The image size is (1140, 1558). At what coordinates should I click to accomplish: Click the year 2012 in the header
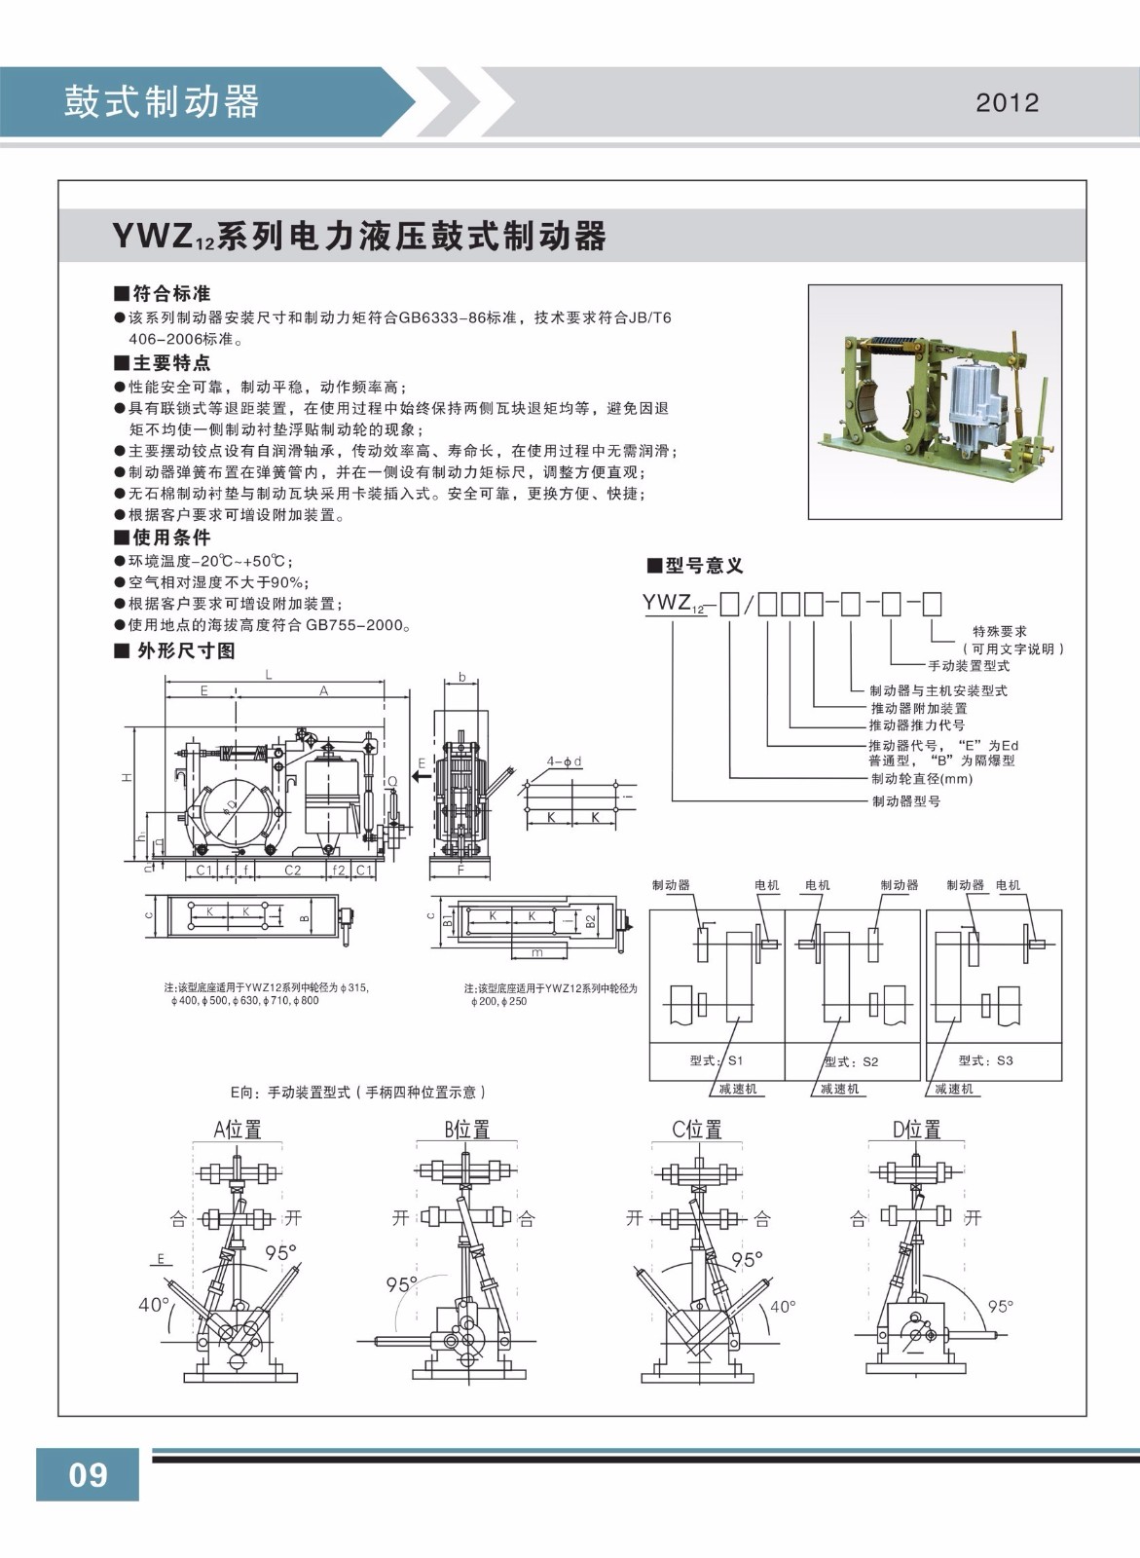tap(1007, 103)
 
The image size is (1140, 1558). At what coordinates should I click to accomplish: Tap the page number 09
tap(88, 1474)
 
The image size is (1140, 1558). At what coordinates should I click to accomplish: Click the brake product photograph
tap(935, 401)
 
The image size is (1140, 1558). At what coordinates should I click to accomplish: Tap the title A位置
tap(238, 1130)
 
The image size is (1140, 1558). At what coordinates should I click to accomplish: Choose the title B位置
tap(467, 1130)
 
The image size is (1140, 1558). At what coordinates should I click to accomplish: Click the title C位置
tap(697, 1130)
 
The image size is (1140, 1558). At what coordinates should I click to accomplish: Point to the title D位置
tap(917, 1130)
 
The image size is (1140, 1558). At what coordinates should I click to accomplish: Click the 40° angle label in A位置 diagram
tap(154, 1305)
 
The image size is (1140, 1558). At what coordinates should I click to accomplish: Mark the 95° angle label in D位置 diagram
tap(1000, 1306)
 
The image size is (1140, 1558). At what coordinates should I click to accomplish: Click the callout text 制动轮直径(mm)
tap(921, 779)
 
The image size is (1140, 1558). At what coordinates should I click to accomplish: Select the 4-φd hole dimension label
tap(564, 761)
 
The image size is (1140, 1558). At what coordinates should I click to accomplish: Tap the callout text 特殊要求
tap(1000, 632)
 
